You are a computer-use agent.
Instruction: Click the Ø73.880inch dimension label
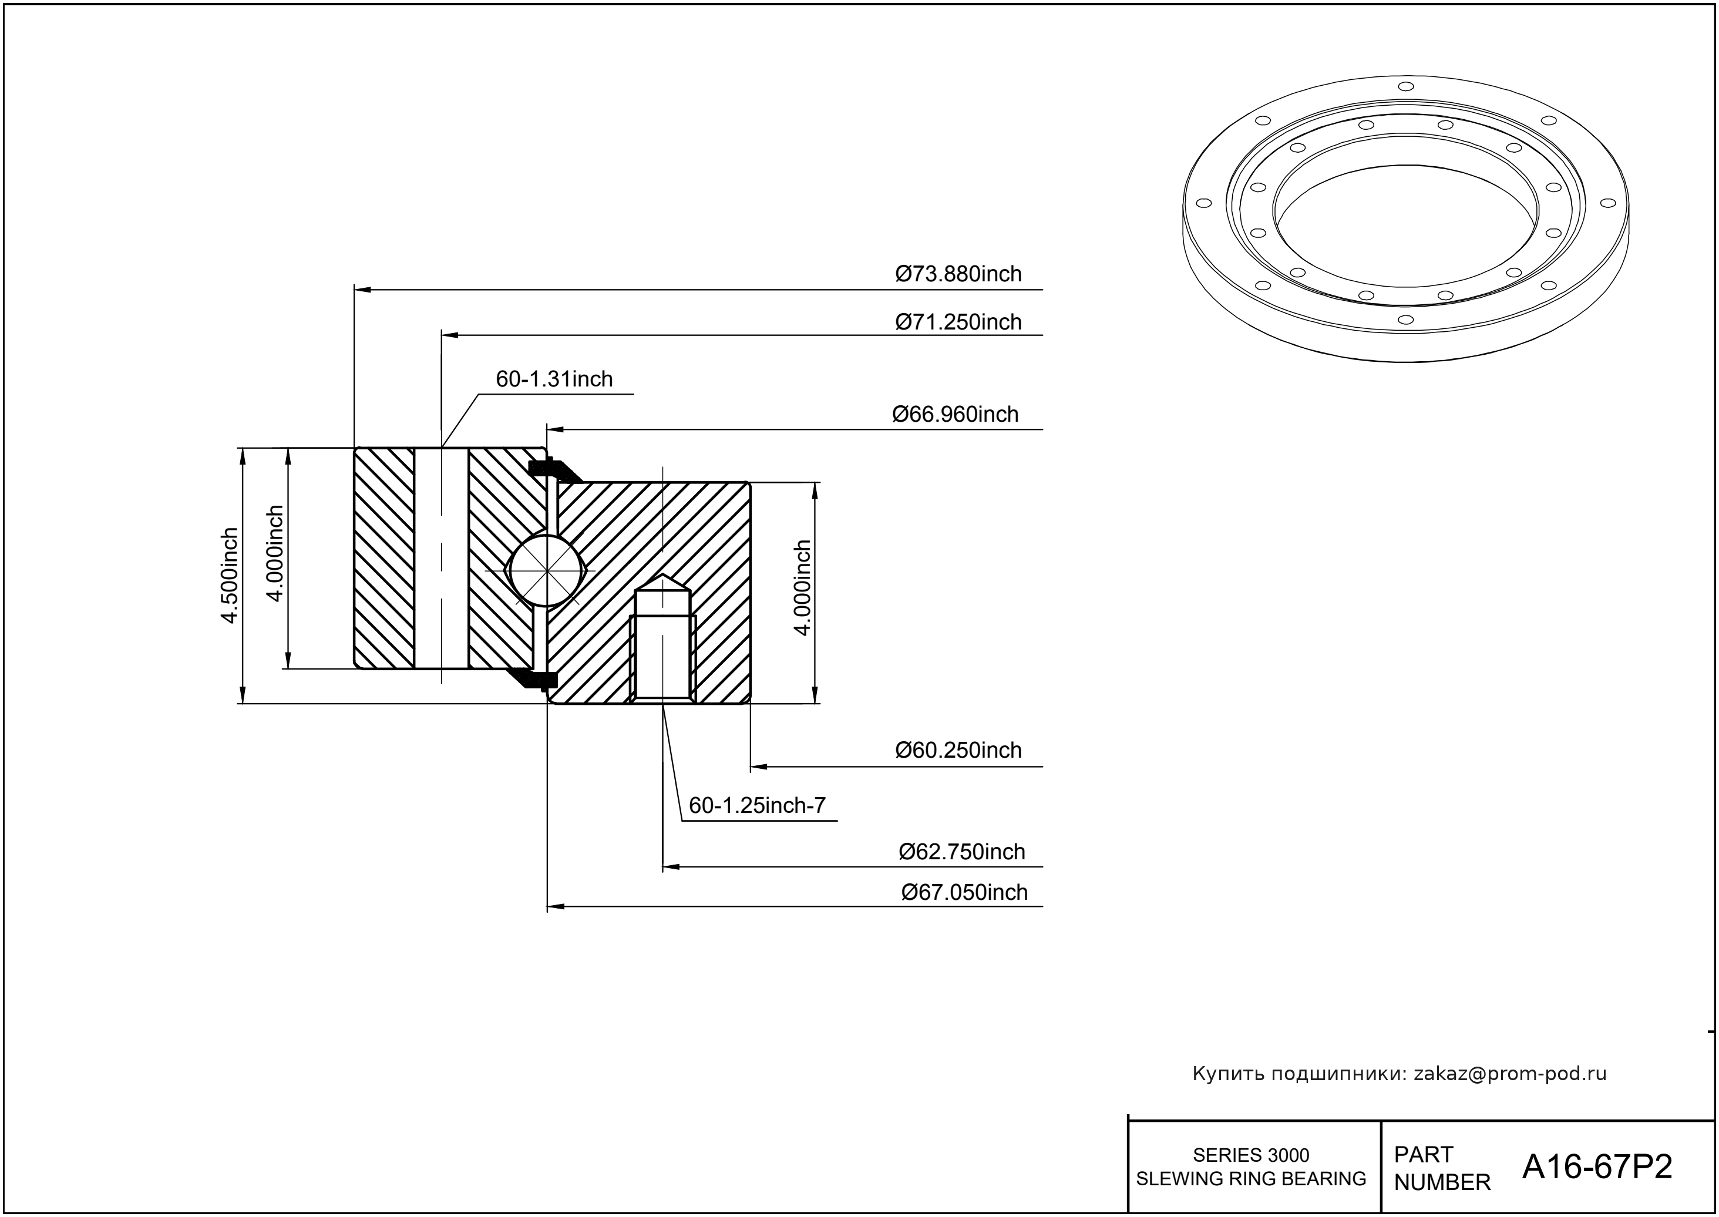click(958, 274)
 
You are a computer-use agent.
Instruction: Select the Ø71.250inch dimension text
click(958, 322)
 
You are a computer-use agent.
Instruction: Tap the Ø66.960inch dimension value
click(955, 415)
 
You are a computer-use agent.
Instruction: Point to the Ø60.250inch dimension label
click(958, 750)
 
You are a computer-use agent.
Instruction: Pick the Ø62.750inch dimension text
click(961, 852)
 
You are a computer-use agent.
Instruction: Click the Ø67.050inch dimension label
click(964, 893)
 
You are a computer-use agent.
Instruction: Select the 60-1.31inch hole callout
click(554, 379)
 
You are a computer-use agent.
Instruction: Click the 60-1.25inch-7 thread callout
click(757, 806)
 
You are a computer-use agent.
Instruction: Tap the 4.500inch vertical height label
click(229, 576)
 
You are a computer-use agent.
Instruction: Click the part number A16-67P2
click(1597, 1167)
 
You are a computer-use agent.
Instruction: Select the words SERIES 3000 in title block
click(1251, 1155)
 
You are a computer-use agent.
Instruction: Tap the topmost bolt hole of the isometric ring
click(1406, 86)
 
